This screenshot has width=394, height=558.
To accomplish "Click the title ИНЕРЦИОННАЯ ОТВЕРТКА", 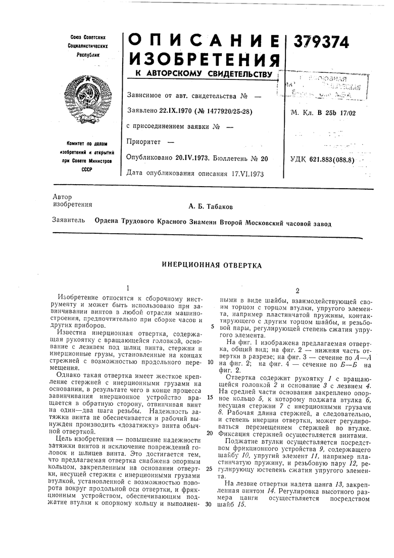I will (211, 265).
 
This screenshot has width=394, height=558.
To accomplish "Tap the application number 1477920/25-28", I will (226, 111).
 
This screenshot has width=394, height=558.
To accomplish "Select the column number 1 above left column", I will (128, 287).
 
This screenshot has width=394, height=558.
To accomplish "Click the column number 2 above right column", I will (298, 291).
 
